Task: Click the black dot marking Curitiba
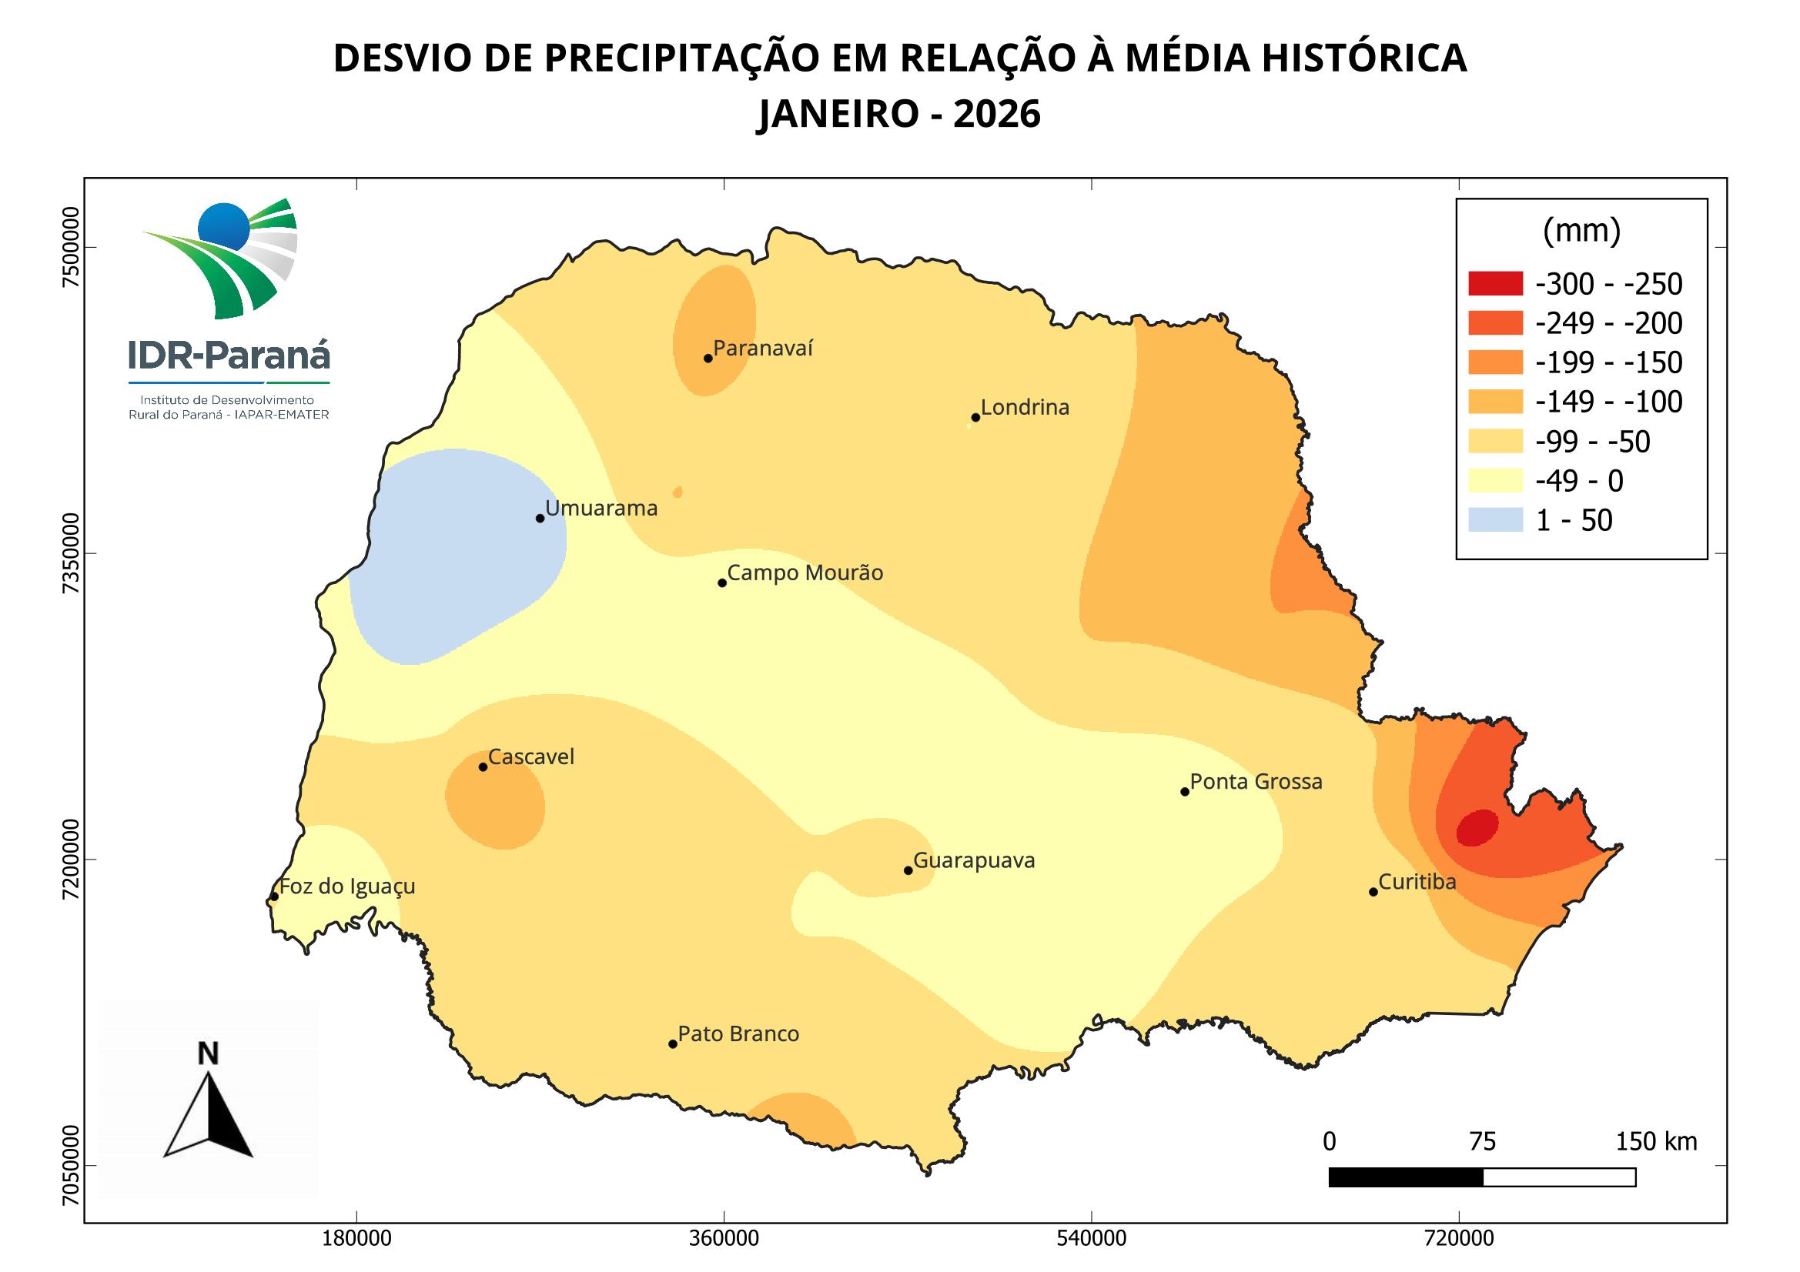[x=1373, y=892]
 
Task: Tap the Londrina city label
[x=1025, y=408]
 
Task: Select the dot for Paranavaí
[x=708, y=358]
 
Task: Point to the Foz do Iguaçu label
[x=347, y=886]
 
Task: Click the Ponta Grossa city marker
[x=1185, y=792]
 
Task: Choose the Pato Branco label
[x=738, y=1033]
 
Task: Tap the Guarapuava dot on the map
[x=908, y=870]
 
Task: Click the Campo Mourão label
[x=805, y=573]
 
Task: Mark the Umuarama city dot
[x=540, y=518]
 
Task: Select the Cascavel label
[x=530, y=756]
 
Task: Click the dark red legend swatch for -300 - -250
[x=1495, y=284]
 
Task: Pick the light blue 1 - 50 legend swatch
[x=1495, y=519]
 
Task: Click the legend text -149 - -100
[x=1609, y=402]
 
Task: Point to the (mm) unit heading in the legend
[x=1581, y=231]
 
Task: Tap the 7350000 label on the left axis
[x=72, y=555]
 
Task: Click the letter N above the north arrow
[x=208, y=1054]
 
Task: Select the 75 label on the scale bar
[x=1482, y=1142]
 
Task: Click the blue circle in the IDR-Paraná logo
[x=223, y=225]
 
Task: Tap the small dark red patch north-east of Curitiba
[x=1477, y=828]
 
